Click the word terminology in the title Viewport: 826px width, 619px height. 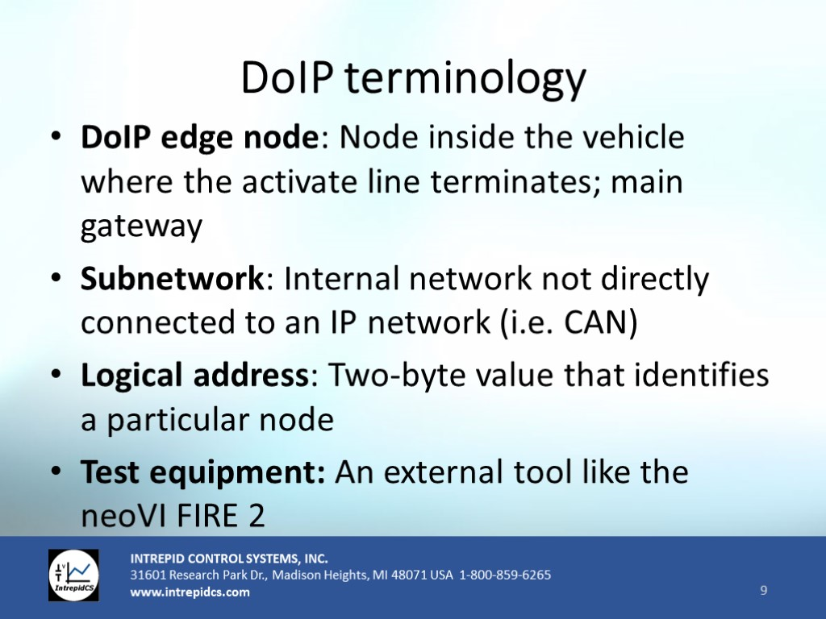[465, 80]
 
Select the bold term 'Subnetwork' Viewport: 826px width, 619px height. [172, 278]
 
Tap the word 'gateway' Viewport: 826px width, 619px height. [141, 226]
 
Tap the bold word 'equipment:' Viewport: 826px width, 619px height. [237, 473]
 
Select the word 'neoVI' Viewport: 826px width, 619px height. [123, 515]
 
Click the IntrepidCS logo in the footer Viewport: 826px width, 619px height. [73, 575]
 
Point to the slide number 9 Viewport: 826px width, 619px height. [763, 590]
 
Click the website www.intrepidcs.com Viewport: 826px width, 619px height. [190, 592]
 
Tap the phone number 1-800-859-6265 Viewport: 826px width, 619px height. [505, 574]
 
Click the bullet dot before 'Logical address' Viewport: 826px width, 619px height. [56, 374]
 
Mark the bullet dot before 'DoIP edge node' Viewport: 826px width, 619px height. [56, 136]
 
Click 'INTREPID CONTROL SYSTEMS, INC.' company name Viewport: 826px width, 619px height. [229, 559]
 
